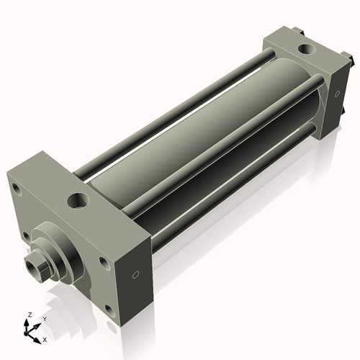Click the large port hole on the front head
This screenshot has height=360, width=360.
76,199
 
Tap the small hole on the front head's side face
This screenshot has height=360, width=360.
135,274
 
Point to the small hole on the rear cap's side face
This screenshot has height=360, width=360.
336,94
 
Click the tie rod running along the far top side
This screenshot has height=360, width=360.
180,108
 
